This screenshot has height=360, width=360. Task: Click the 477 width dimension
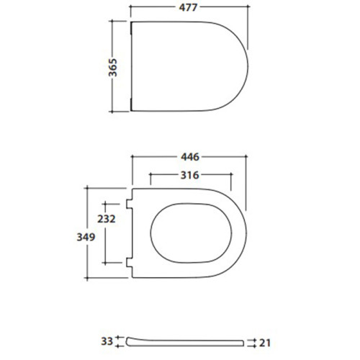(188, 7)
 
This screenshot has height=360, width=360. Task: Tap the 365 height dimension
(112, 68)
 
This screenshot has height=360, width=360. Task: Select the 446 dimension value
(190, 157)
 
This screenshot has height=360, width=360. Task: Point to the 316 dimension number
(189, 175)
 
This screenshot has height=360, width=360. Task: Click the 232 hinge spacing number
(107, 219)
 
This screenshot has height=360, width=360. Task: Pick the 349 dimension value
(86, 237)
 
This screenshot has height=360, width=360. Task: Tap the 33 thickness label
(107, 341)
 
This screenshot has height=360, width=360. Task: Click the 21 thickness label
(265, 343)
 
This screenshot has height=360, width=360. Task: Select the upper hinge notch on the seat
(130, 204)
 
